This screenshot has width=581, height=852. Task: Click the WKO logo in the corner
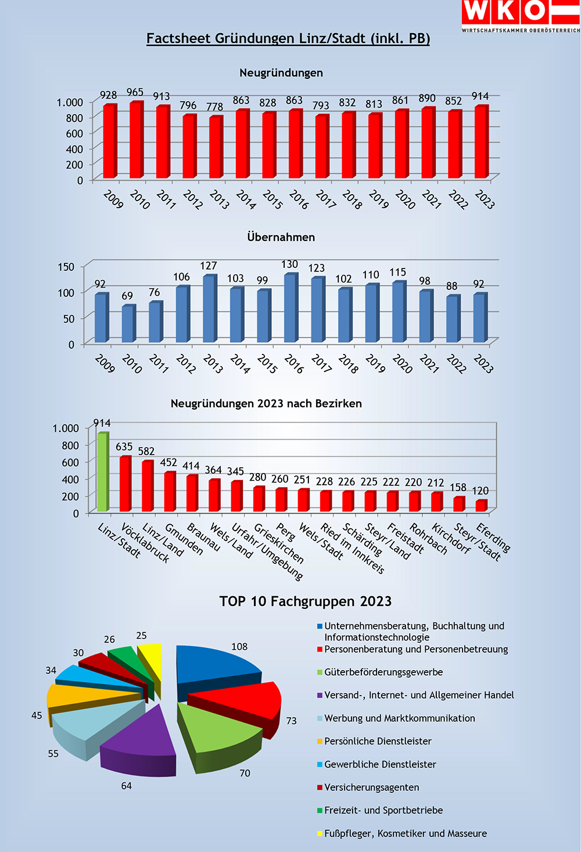521,16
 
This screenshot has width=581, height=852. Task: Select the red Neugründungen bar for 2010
136,141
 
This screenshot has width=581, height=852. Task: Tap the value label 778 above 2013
214,107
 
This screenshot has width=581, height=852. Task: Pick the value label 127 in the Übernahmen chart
208,266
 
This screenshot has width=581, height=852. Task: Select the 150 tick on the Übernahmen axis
66,267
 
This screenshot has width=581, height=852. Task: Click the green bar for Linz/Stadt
102,472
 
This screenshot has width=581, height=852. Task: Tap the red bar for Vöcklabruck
125,484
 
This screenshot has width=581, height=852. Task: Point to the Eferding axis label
493,538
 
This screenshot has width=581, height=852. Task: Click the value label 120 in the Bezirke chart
480,491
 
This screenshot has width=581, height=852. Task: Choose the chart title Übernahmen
281,237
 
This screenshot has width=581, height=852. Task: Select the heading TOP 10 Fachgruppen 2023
306,601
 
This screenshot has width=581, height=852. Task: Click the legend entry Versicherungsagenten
371,787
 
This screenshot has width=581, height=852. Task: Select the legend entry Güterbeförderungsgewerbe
383,672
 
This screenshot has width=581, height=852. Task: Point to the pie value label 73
291,721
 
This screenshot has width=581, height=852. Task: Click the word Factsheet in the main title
178,38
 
